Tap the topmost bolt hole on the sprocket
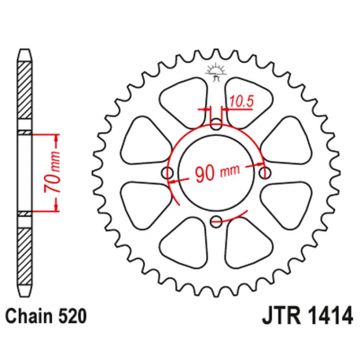click(x=217, y=123)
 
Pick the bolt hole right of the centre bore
click(x=266, y=172)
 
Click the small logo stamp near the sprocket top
click(x=217, y=73)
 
